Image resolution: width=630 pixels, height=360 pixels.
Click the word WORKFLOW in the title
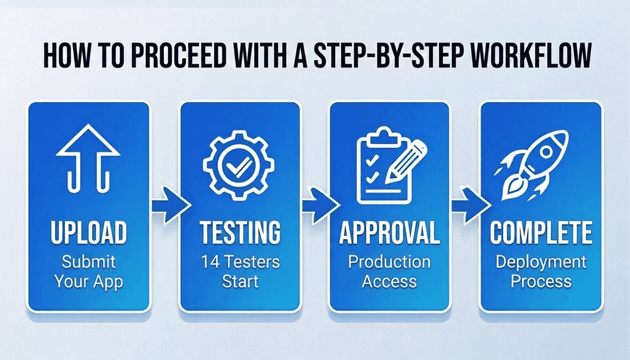[531, 55]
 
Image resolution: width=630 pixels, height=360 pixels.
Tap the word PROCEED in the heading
[179, 55]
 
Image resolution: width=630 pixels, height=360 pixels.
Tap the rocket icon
[532, 166]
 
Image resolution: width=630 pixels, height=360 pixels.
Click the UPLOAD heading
[89, 232]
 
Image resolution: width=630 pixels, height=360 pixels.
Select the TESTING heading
[240, 232]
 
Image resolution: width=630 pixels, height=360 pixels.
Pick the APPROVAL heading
[389, 232]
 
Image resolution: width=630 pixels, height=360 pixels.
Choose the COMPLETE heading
[541, 232]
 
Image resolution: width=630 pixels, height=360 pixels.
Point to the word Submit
[89, 262]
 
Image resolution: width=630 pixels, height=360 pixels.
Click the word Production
[389, 262]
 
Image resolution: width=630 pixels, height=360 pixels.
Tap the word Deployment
[541, 262]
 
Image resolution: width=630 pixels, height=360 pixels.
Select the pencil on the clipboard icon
[406, 162]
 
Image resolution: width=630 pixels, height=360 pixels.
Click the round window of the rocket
[546, 152]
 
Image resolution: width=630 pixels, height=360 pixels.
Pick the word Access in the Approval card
[389, 282]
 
